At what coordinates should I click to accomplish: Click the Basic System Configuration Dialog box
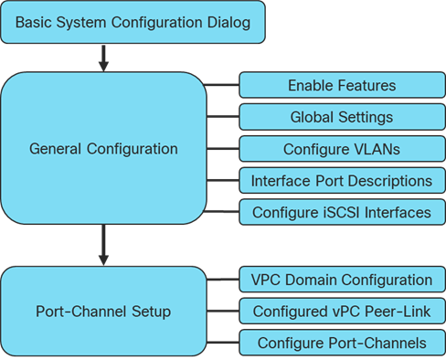point(133,22)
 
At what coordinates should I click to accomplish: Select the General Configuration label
point(103,148)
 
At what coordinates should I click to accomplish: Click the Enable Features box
point(341,85)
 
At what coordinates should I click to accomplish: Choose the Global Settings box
point(341,117)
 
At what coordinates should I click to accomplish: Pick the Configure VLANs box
point(341,148)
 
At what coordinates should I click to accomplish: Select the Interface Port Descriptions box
point(341,180)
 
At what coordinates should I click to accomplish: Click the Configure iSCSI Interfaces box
point(341,212)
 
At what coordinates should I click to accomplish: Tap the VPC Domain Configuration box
point(341,280)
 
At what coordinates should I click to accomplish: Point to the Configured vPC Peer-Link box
point(341,312)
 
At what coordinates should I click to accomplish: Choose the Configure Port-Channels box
point(341,344)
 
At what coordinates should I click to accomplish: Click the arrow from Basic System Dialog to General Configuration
point(103,58)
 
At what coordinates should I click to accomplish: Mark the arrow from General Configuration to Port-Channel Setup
point(103,244)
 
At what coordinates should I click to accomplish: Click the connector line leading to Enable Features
point(222,85)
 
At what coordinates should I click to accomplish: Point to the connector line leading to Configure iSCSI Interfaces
point(222,212)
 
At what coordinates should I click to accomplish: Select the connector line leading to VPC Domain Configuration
point(222,280)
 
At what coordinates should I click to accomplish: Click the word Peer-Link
point(398,312)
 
